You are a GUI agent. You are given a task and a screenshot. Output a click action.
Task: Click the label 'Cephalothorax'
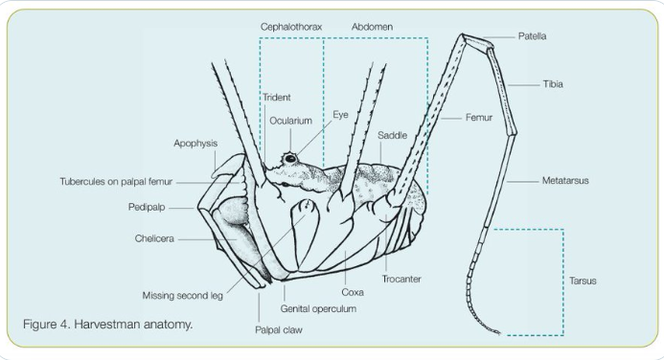point(291,27)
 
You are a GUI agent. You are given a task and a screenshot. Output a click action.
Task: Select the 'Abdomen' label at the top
point(372,27)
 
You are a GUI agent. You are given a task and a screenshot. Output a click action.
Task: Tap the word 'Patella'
point(532,36)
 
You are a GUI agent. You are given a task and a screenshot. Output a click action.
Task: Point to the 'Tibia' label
point(553,84)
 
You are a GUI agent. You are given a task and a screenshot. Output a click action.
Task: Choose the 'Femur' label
point(479,118)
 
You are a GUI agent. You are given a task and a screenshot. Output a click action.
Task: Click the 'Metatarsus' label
point(565,181)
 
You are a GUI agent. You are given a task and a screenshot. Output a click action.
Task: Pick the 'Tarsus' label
point(583,281)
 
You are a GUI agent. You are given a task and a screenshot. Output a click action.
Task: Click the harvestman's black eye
point(290,159)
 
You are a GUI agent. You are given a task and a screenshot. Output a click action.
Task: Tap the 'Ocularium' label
point(291,121)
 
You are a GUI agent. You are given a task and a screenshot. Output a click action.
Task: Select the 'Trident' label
point(277,98)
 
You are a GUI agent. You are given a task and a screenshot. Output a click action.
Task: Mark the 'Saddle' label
point(392,135)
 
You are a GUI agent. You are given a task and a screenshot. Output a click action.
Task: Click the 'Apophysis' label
point(195,144)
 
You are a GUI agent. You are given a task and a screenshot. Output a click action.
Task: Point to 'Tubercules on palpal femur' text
point(116,182)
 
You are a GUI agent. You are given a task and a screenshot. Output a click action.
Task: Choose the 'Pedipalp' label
point(147,208)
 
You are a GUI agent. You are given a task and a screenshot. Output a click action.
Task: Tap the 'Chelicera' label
point(154,238)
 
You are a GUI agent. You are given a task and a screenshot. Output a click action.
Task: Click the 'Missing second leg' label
point(182,296)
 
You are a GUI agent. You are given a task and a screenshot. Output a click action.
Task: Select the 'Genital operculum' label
point(318,309)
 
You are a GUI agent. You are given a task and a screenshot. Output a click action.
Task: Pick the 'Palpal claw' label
point(279,330)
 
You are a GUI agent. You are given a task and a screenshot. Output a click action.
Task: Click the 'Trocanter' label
point(401,280)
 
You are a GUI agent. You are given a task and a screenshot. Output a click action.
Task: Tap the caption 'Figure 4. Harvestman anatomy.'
point(108,325)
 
